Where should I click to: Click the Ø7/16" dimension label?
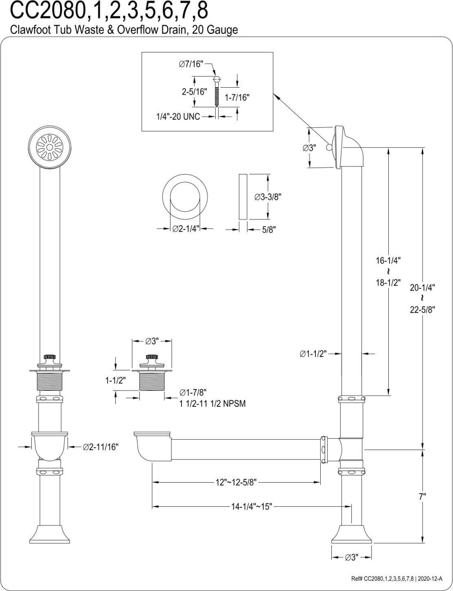191,64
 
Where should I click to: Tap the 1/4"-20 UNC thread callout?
178,117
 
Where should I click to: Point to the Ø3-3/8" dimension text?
268,196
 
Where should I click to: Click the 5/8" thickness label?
269,229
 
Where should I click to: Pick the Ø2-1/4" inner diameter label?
185,229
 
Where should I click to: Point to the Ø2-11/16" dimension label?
101,447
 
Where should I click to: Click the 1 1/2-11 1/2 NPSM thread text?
212,404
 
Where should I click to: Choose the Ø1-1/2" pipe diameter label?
313,354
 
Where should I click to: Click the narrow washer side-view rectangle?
243,196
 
